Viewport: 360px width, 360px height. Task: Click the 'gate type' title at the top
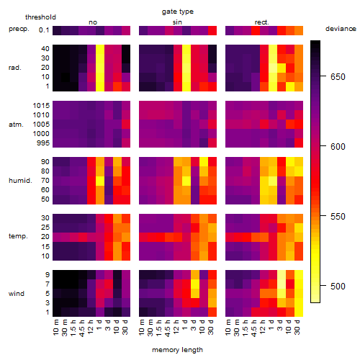[x=178, y=12]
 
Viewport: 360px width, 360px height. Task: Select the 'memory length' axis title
[x=178, y=350]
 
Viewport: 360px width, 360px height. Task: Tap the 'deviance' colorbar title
[x=341, y=29]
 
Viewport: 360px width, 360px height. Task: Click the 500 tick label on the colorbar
[x=338, y=287]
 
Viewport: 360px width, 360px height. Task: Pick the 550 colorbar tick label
[x=338, y=217]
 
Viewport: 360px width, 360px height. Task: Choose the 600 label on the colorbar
[x=338, y=147]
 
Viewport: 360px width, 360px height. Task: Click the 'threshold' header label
[x=40, y=17]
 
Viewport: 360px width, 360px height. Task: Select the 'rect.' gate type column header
[x=262, y=22]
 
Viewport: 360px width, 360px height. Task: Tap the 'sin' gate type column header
[x=177, y=22]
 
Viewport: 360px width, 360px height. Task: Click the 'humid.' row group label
[x=20, y=181]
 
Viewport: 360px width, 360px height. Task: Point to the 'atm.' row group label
[x=16, y=125]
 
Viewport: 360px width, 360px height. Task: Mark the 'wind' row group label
[x=17, y=294]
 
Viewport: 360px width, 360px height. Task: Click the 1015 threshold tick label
[x=41, y=106]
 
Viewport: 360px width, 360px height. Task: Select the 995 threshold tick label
[x=43, y=143]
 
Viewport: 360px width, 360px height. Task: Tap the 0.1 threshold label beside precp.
[x=44, y=30]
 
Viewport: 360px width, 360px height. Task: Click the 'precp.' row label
[x=19, y=29]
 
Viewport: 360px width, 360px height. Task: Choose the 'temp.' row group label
[x=18, y=236]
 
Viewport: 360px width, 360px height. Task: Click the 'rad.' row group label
[x=15, y=68]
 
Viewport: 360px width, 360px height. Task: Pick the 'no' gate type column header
[x=93, y=22]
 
